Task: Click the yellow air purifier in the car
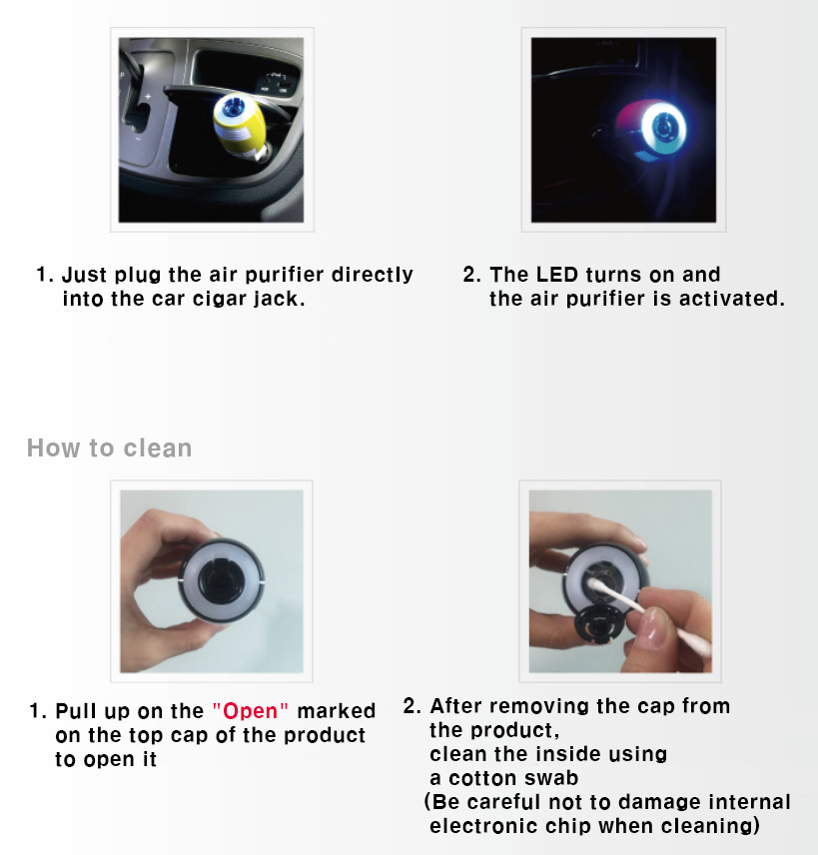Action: pos(239,126)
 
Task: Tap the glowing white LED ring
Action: pos(662,129)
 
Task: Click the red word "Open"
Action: pos(251,711)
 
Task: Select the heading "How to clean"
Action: pos(110,448)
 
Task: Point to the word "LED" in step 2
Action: pos(556,275)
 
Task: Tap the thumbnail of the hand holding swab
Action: pos(620,581)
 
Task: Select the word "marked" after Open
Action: pos(336,711)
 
